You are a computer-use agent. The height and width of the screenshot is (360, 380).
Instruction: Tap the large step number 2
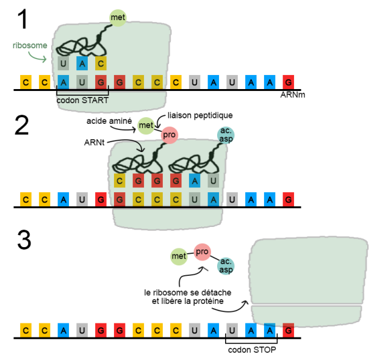point(22,124)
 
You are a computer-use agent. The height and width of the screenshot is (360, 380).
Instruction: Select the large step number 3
point(23,240)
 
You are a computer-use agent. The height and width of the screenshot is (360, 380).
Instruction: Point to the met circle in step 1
point(118,18)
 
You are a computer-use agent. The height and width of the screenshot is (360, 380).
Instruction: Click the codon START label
point(82,101)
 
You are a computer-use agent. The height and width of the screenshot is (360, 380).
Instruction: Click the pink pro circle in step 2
point(169,135)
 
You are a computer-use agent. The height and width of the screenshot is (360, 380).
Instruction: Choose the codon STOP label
point(251,350)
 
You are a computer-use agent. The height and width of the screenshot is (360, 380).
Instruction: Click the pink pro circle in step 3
point(203,251)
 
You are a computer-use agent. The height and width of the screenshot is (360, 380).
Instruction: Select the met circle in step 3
point(178,256)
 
